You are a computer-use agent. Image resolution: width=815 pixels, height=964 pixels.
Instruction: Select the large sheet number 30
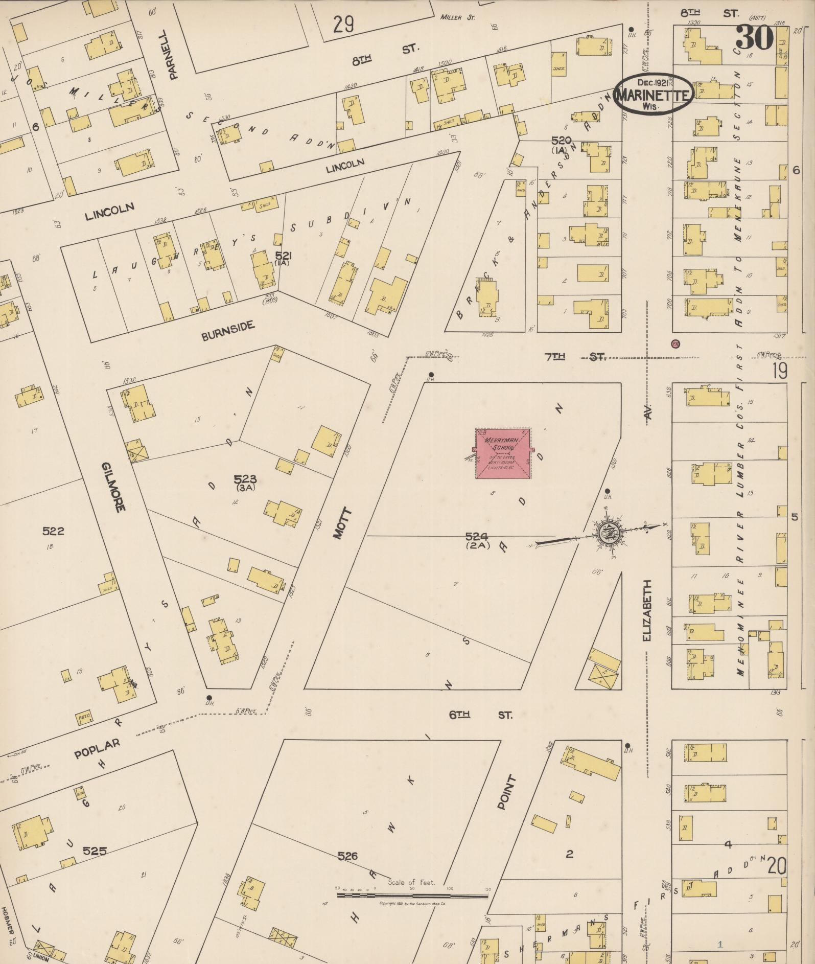(754, 37)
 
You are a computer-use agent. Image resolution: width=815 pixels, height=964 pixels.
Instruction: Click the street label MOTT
(342, 523)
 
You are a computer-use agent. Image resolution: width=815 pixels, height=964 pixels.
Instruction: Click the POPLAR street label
(97, 749)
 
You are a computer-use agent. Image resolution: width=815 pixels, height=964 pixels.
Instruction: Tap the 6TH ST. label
(480, 715)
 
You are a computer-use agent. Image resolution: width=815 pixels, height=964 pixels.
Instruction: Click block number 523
(245, 479)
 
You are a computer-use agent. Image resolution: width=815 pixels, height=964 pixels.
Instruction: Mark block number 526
(347, 855)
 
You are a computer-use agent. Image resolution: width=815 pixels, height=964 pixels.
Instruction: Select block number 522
(53, 531)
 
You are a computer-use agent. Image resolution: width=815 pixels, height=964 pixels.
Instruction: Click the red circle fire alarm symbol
(676, 343)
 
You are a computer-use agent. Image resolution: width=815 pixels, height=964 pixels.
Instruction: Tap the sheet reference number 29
(343, 24)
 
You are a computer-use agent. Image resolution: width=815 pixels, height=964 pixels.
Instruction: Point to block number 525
(95, 851)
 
